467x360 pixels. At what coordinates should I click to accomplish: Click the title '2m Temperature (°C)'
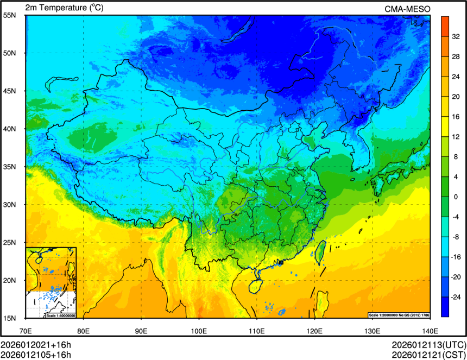click(64, 8)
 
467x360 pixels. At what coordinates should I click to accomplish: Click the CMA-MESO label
click(407, 8)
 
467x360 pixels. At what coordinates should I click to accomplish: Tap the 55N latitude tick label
click(9, 16)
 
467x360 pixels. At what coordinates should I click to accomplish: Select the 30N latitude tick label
click(9, 205)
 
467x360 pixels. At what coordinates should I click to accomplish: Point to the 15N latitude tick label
click(9, 318)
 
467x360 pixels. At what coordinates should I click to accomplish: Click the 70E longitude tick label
click(26, 330)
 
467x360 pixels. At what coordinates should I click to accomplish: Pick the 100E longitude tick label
click(198, 330)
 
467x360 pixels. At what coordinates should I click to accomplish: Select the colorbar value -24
click(457, 297)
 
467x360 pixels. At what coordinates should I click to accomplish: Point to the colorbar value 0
click(455, 196)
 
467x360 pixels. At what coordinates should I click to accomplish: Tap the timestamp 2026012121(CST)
click(428, 355)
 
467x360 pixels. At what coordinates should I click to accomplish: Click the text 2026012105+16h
click(36, 355)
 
